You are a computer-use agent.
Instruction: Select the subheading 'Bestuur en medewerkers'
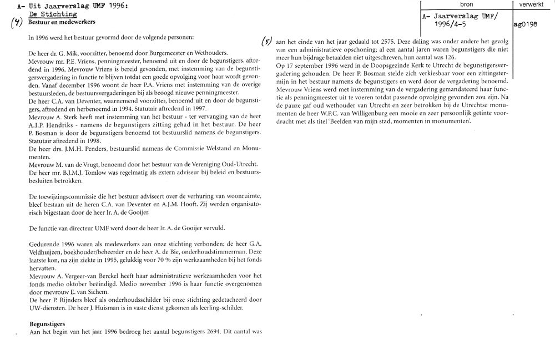[x=62, y=22]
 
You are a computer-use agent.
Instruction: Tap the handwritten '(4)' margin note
[x=16, y=23]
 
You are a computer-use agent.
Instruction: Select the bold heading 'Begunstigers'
[x=48, y=323]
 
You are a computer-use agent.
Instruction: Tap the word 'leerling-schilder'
[x=223, y=308]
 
